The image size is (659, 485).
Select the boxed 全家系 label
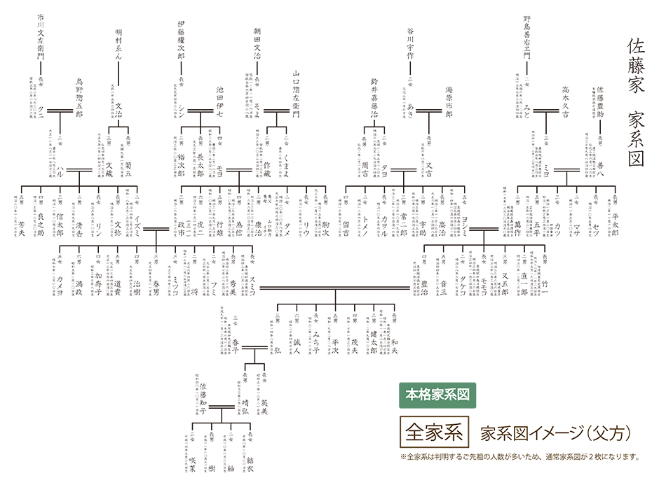coord(433,432)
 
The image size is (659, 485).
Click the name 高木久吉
coord(565,102)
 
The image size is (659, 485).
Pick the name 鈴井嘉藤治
coord(374,98)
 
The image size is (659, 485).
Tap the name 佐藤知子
coord(203,400)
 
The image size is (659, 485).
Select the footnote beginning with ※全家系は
coord(519,457)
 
